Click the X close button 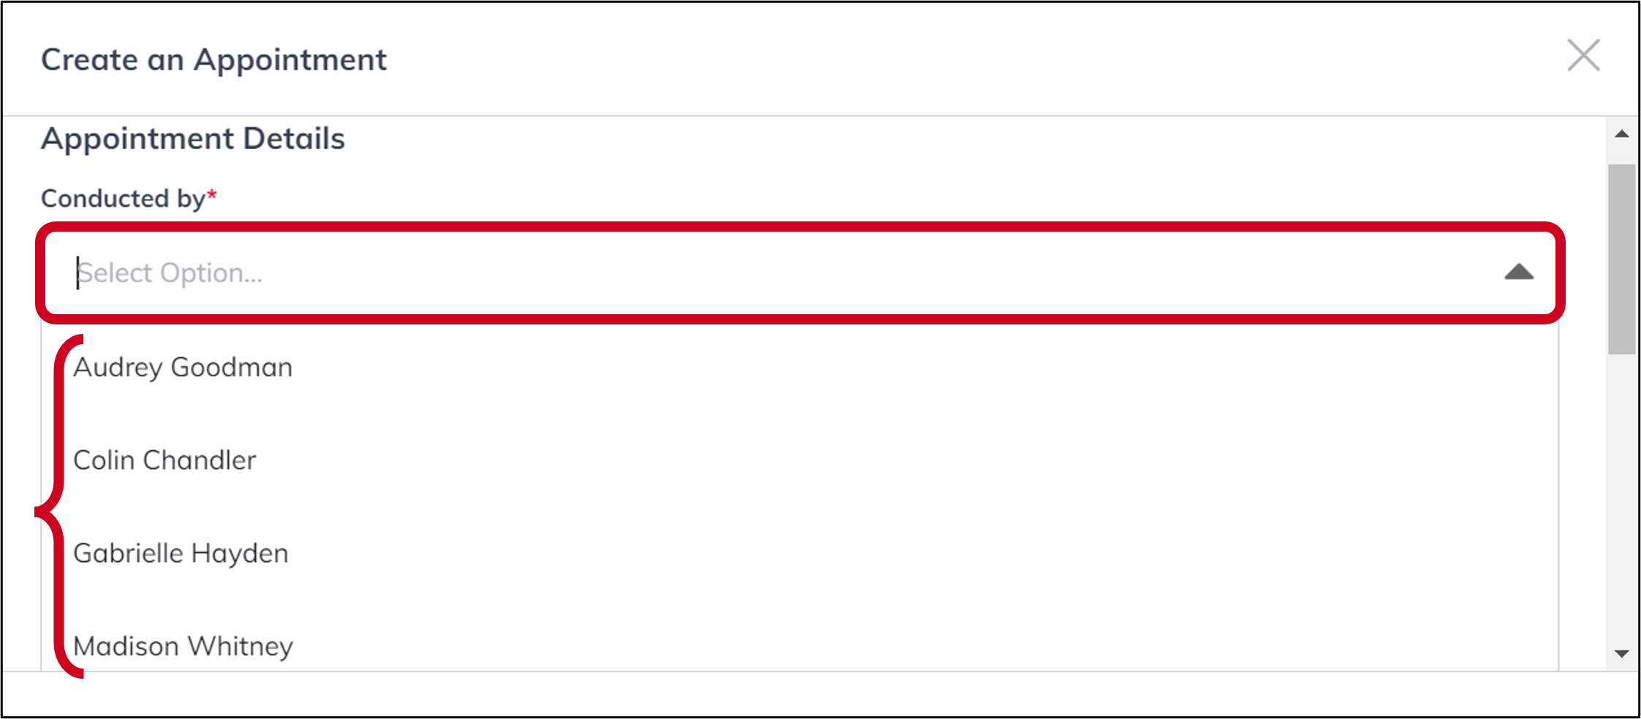tap(1583, 56)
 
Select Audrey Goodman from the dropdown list tap(183, 368)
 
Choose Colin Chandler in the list tap(164, 460)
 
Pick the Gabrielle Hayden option tap(181, 554)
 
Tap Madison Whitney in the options tap(183, 647)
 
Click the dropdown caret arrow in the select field tap(1518, 273)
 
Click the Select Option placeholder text tap(170, 273)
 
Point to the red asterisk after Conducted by tap(212, 195)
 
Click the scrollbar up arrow tap(1621, 134)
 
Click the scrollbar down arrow tap(1621, 653)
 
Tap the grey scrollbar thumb tap(1621, 259)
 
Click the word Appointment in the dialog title tap(290, 60)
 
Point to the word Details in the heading tap(294, 139)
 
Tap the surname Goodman tap(232, 368)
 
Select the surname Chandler tap(200, 460)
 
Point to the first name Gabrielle tap(129, 554)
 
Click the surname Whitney tap(240, 647)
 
